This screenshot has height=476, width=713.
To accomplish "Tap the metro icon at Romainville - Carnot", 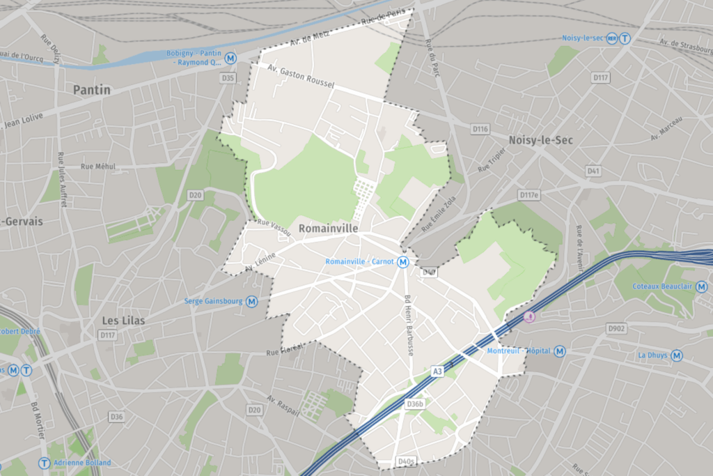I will [x=403, y=262].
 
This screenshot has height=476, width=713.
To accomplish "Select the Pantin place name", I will [x=92, y=90].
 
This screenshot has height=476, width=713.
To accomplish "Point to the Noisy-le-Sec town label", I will [x=540, y=140].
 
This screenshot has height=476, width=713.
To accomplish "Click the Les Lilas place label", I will [x=123, y=321].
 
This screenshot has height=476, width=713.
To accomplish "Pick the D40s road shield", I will [x=406, y=461].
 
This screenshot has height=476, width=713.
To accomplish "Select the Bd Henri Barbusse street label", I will [x=409, y=325].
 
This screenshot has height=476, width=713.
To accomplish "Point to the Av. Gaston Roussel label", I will [x=301, y=76].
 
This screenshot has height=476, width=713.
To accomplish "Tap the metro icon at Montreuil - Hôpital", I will [x=559, y=351].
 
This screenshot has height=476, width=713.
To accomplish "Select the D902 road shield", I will [x=616, y=328].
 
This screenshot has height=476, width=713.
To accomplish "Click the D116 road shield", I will [x=480, y=129].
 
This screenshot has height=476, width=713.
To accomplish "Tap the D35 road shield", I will [x=228, y=78].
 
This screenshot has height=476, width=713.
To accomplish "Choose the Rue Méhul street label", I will [x=98, y=167].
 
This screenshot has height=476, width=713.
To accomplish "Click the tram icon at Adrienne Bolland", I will [x=45, y=463].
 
